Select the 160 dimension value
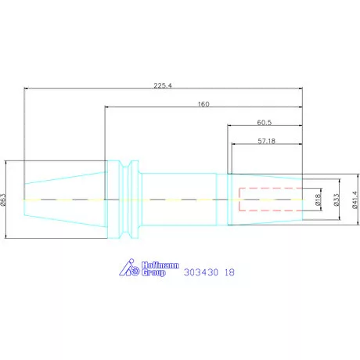203,103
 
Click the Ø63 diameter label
5,200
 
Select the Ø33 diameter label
337,201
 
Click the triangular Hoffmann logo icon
128,268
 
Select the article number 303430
200,273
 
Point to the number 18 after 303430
229,273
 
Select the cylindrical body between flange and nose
180,200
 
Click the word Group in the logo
154,275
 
